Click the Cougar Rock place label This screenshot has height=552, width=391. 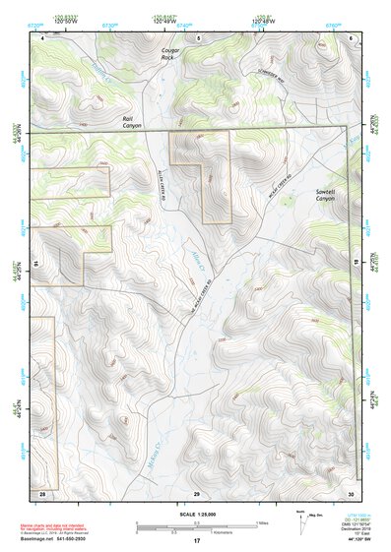point(173,53)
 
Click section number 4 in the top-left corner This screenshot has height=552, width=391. point(43,36)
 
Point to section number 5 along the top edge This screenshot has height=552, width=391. point(197,36)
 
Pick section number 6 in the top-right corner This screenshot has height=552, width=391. point(351,36)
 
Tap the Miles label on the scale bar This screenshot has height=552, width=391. point(261,522)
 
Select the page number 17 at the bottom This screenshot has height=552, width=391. point(196,541)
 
